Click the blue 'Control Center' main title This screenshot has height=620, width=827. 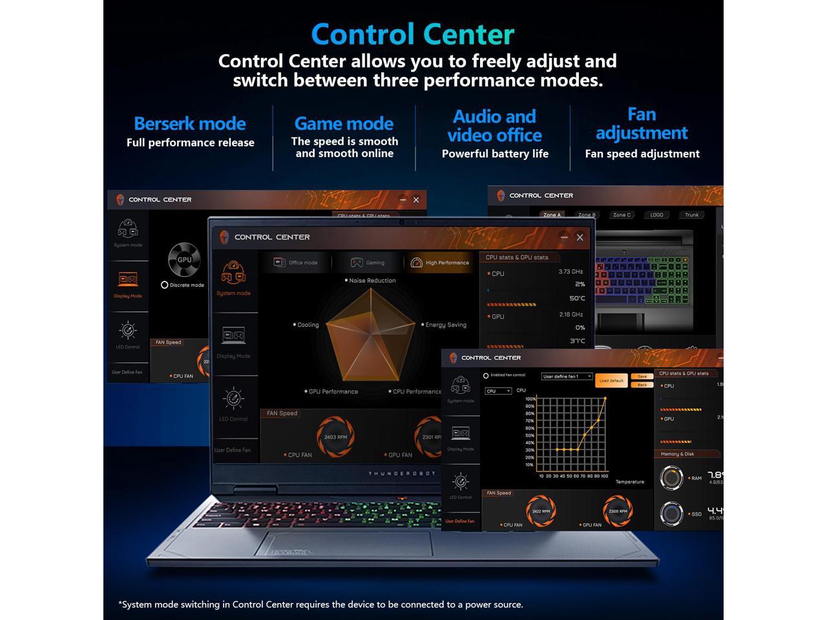click(413, 34)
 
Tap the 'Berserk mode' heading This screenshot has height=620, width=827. click(190, 123)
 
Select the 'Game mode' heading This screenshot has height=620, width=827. click(344, 123)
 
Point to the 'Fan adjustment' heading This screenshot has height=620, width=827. click(642, 123)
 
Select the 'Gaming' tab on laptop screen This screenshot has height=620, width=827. click(368, 262)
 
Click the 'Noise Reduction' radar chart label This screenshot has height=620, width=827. click(372, 280)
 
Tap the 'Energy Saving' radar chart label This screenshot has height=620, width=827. click(445, 325)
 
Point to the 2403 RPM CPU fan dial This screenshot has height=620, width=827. click(335, 437)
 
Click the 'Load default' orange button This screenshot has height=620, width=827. click(611, 380)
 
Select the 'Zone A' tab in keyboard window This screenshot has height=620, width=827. click(552, 215)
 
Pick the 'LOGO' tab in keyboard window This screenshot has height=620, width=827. click(656, 215)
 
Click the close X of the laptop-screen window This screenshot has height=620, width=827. click(580, 238)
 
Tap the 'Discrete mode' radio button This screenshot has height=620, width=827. click(165, 285)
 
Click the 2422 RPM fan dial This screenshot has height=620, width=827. click(541, 511)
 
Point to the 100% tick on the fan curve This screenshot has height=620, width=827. click(530, 399)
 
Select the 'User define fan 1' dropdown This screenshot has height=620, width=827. click(567, 377)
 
